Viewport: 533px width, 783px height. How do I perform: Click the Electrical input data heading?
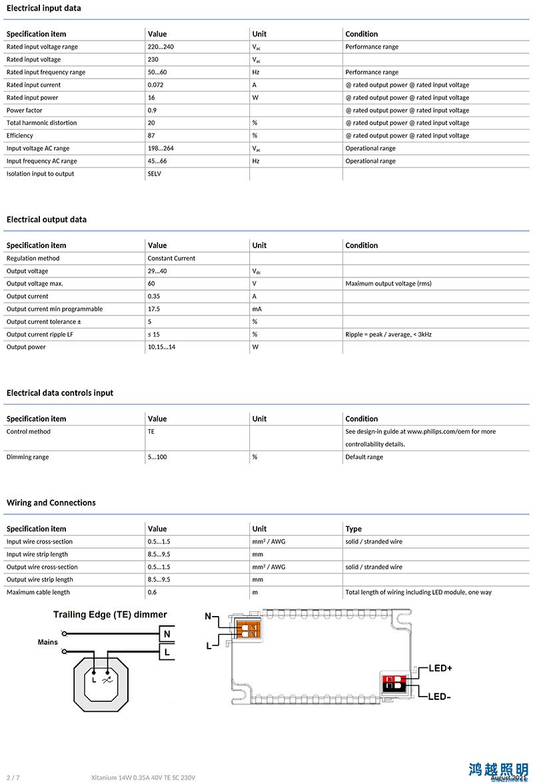click(44, 8)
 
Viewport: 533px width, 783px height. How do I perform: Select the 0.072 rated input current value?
click(155, 85)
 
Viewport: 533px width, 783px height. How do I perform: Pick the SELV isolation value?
click(155, 174)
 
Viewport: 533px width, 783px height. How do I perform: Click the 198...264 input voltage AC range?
click(161, 148)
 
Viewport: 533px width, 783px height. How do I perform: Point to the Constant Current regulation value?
click(171, 258)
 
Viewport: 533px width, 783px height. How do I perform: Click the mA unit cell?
click(257, 309)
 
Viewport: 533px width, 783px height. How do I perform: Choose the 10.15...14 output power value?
click(162, 347)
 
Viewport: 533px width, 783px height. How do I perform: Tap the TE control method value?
click(151, 432)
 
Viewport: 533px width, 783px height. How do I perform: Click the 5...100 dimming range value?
click(157, 457)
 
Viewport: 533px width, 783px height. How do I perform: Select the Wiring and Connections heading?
click(51, 503)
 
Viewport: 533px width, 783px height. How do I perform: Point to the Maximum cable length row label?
click(38, 592)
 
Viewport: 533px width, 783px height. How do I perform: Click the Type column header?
click(354, 529)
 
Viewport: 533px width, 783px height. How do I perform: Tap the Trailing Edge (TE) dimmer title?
click(110, 615)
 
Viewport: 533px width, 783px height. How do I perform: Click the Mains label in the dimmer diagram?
click(48, 643)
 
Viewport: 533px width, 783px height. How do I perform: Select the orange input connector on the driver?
click(247, 629)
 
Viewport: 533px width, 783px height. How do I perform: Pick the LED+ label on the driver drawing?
click(440, 668)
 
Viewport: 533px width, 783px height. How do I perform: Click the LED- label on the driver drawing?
click(440, 697)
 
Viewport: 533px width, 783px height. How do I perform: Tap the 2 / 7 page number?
click(13, 777)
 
